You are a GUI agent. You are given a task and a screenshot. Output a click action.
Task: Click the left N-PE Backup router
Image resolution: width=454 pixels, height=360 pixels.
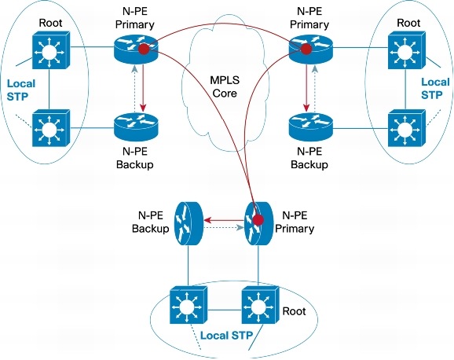135,125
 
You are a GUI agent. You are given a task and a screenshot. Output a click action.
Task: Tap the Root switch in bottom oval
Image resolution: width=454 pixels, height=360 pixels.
258,307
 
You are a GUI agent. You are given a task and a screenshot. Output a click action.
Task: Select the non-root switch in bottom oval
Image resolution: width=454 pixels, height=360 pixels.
187,307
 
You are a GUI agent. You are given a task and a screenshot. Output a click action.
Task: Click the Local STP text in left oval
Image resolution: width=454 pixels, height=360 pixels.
20,89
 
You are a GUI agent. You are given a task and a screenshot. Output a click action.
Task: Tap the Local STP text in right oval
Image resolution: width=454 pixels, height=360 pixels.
435,89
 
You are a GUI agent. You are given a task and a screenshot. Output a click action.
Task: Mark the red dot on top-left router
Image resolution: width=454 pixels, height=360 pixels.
145,51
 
